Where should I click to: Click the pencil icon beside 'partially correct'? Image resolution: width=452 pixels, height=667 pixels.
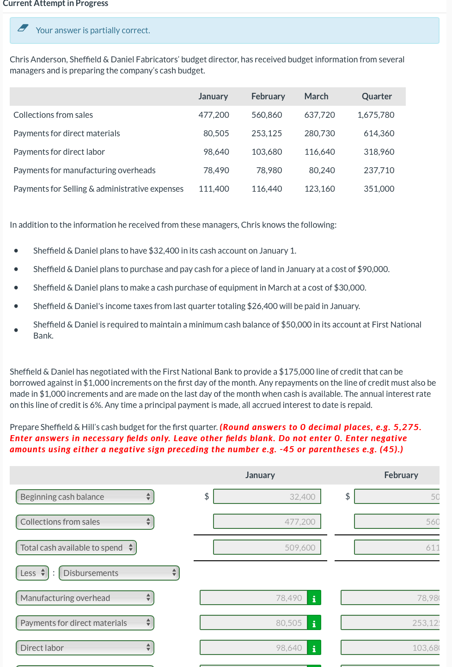tap(23, 28)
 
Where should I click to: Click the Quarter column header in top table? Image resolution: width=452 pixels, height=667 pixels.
tap(376, 97)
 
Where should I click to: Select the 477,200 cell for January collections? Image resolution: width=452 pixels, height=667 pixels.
tap(214, 115)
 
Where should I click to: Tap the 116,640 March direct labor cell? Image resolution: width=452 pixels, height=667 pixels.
tap(319, 152)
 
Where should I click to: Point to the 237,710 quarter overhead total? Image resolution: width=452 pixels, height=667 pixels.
tap(379, 170)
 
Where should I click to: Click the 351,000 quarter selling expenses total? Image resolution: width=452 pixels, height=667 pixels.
tap(379, 189)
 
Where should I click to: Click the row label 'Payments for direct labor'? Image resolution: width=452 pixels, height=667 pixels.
tap(59, 152)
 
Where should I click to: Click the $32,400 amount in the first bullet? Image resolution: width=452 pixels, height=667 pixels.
tap(164, 251)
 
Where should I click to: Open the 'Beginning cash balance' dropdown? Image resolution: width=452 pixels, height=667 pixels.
tap(85, 497)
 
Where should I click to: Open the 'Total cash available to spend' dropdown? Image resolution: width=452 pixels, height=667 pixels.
tap(76, 548)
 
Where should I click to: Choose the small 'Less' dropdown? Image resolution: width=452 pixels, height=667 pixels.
tap(32, 573)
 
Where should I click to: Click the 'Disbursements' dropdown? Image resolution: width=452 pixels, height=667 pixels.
tap(119, 573)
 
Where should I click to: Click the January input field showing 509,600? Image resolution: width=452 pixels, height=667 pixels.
tap(267, 548)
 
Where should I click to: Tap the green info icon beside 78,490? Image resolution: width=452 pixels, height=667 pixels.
tap(314, 599)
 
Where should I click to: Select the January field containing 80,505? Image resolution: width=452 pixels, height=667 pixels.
tap(254, 623)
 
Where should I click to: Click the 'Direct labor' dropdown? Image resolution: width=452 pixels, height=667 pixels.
tap(85, 648)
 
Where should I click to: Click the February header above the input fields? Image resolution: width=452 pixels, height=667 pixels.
tap(401, 475)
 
